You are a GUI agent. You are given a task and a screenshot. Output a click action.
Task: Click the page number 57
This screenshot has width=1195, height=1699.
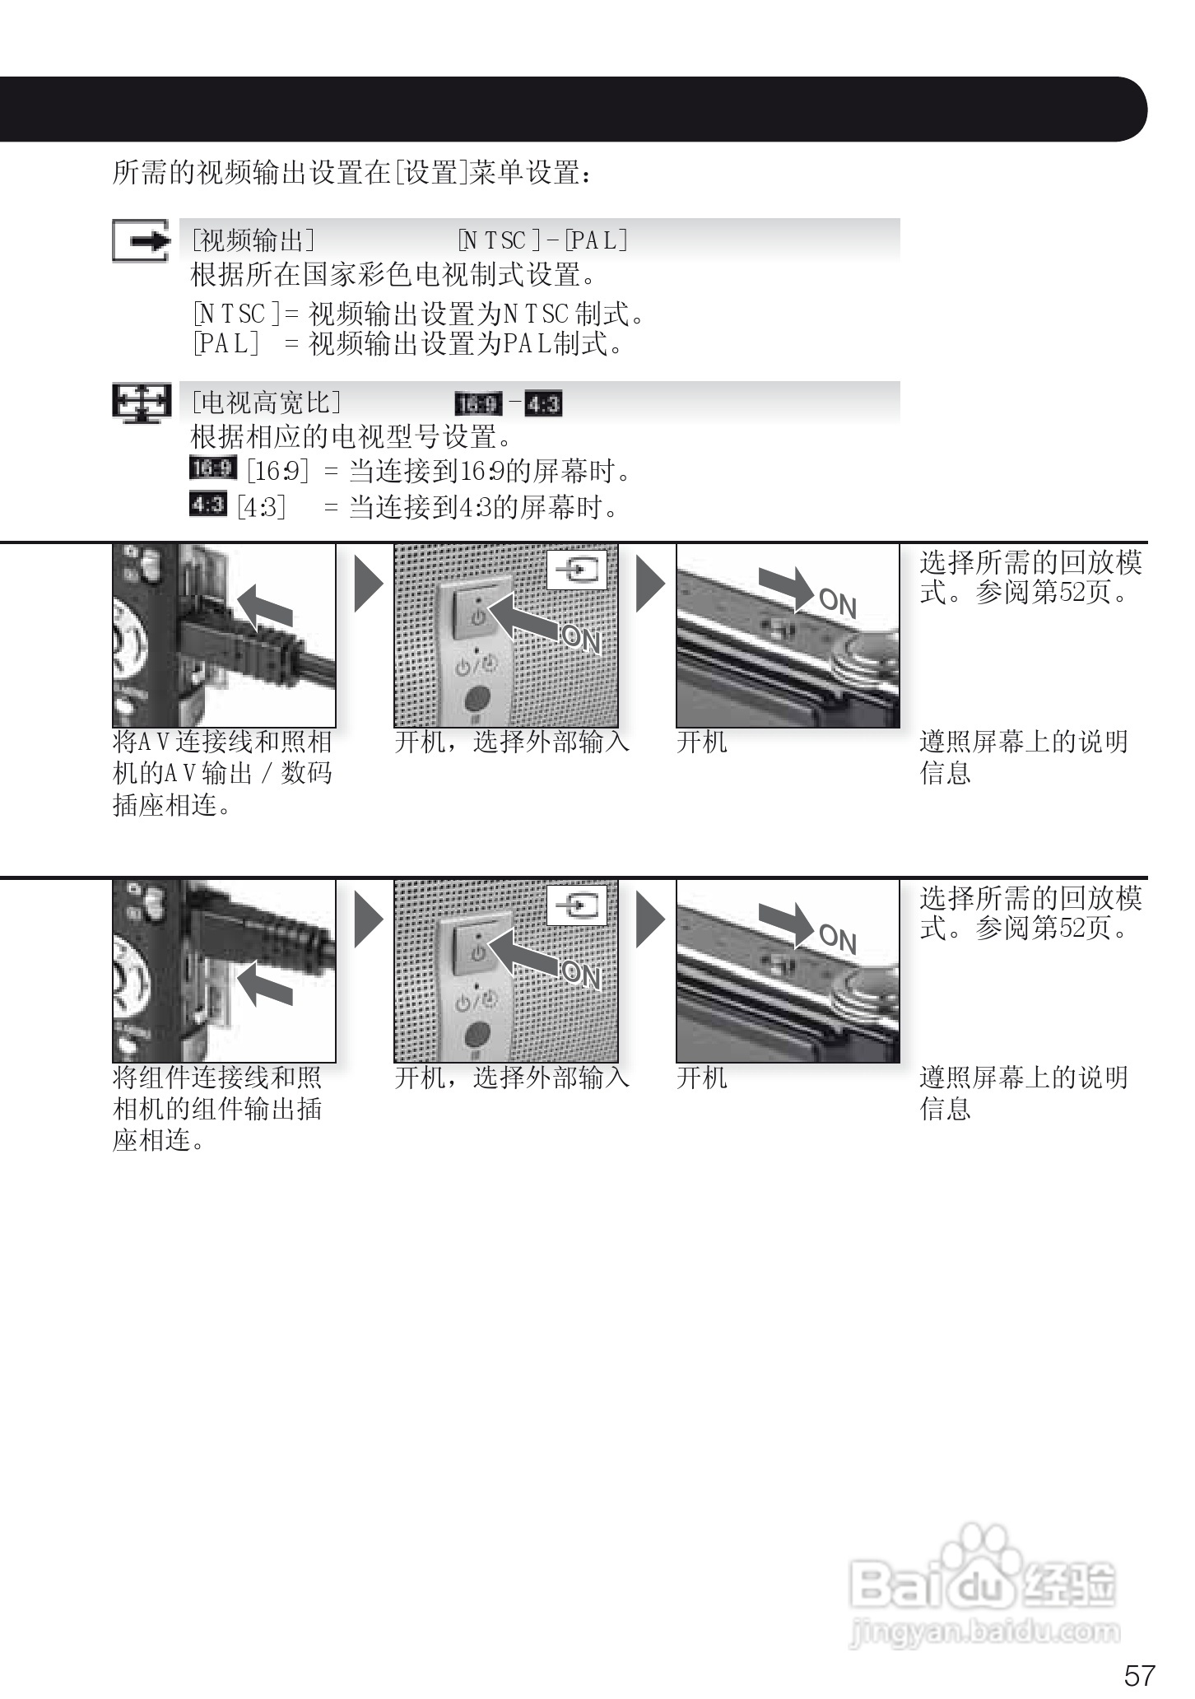1139,1675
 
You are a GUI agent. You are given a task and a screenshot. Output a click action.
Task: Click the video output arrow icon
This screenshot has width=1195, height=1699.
142,241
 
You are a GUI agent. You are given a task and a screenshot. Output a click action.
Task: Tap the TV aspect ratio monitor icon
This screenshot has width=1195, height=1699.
142,404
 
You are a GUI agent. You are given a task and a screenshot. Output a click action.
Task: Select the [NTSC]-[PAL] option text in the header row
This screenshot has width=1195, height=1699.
542,240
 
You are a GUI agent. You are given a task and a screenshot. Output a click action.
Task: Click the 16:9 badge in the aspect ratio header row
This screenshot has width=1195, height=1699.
478,404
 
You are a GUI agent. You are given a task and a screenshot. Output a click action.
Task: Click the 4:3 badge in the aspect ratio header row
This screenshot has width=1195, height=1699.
543,404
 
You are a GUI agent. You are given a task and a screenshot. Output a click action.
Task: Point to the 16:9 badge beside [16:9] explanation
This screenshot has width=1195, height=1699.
212,468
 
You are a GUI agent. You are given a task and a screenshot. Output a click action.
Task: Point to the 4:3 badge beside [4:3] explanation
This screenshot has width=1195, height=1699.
207,504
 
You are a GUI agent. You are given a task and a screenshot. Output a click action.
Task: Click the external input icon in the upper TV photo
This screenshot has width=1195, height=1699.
577,570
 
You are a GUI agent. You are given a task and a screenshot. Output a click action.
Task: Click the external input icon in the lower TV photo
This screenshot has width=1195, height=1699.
577,905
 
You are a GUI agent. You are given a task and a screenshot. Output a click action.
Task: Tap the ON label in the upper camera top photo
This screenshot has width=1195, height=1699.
838,603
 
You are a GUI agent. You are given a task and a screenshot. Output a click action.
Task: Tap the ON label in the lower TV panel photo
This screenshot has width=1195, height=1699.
581,975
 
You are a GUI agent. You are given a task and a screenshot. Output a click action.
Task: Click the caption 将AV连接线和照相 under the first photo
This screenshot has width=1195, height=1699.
222,742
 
